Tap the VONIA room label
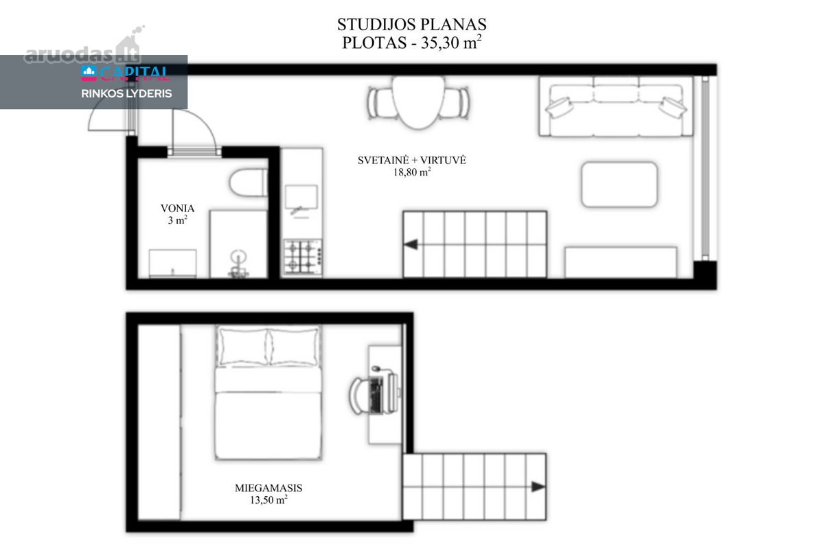pos(177,209)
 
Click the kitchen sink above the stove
pos(301,197)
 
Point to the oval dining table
pos(418,102)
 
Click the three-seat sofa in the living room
pos(616,106)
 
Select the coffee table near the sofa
pos(619,185)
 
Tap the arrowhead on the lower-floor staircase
pos(411,244)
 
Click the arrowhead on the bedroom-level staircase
pos(538,487)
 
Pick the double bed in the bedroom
pos(268,393)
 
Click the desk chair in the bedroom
pos(360,396)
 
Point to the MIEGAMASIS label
pos(268,488)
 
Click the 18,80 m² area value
pos(412,172)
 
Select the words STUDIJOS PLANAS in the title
pos(411,24)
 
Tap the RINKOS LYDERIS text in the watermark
pos(126,93)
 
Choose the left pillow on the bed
pos(243,347)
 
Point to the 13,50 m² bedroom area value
pos(268,500)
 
